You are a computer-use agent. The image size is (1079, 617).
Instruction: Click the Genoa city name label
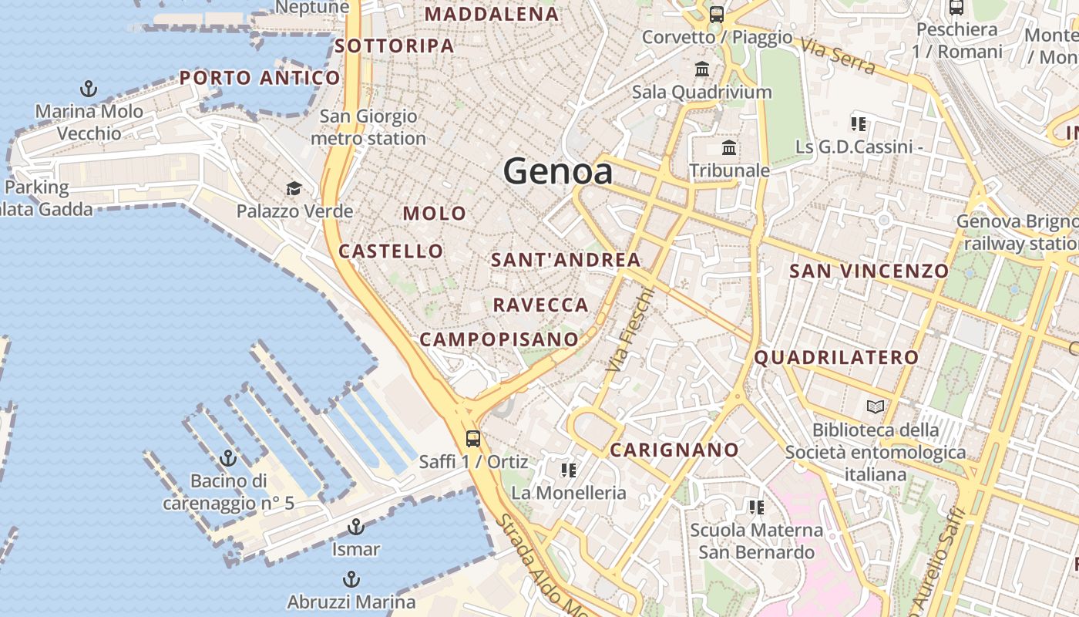tap(558, 171)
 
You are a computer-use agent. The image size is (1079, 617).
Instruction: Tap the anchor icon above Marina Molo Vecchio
tap(89, 89)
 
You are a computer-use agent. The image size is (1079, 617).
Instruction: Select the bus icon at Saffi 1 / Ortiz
tap(472, 439)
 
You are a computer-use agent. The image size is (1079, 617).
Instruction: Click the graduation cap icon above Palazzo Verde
tap(294, 189)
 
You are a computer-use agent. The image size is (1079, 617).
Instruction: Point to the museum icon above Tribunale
tap(729, 147)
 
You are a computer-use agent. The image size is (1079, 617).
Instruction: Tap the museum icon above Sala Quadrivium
tap(702, 69)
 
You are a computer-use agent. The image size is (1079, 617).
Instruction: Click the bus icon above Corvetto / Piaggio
tap(717, 14)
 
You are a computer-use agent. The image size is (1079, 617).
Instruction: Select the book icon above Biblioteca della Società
tap(875, 406)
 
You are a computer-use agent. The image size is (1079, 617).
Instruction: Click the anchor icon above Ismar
tap(355, 527)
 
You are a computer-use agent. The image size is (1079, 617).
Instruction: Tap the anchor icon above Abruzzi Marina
tap(351, 578)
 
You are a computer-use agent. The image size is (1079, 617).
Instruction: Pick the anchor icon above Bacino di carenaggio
tap(228, 459)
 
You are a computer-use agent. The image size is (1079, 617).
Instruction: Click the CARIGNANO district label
tap(674, 450)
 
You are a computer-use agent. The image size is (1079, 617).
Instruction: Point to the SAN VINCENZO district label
tap(869, 271)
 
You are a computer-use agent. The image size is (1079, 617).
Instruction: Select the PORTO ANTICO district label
tap(260, 77)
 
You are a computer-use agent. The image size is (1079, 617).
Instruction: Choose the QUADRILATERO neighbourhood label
tap(836, 357)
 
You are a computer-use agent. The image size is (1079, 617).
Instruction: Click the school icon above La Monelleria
tap(569, 470)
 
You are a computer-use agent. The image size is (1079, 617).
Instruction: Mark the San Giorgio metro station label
tap(368, 127)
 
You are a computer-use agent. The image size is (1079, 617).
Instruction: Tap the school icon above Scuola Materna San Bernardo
tap(756, 507)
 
